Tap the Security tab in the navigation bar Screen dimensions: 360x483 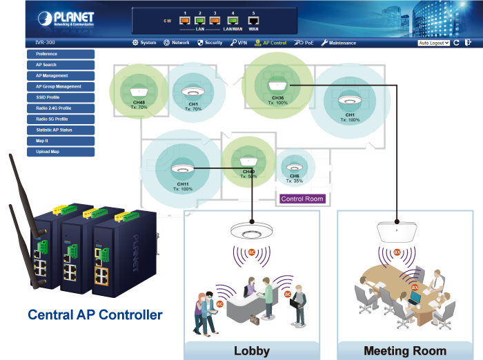point(210,43)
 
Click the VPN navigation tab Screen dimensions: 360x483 point(239,43)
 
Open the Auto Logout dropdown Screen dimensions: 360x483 point(434,43)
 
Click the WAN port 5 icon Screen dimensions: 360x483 point(253,21)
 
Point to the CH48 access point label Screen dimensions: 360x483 point(139,102)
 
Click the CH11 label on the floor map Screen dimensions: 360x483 point(183,184)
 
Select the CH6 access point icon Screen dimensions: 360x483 point(295,168)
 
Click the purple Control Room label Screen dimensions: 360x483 point(302,199)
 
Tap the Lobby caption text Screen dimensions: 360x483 point(252,350)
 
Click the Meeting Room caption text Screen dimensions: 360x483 point(405,350)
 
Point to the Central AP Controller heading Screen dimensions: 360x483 point(95,315)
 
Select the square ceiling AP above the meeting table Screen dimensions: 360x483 point(397,231)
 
